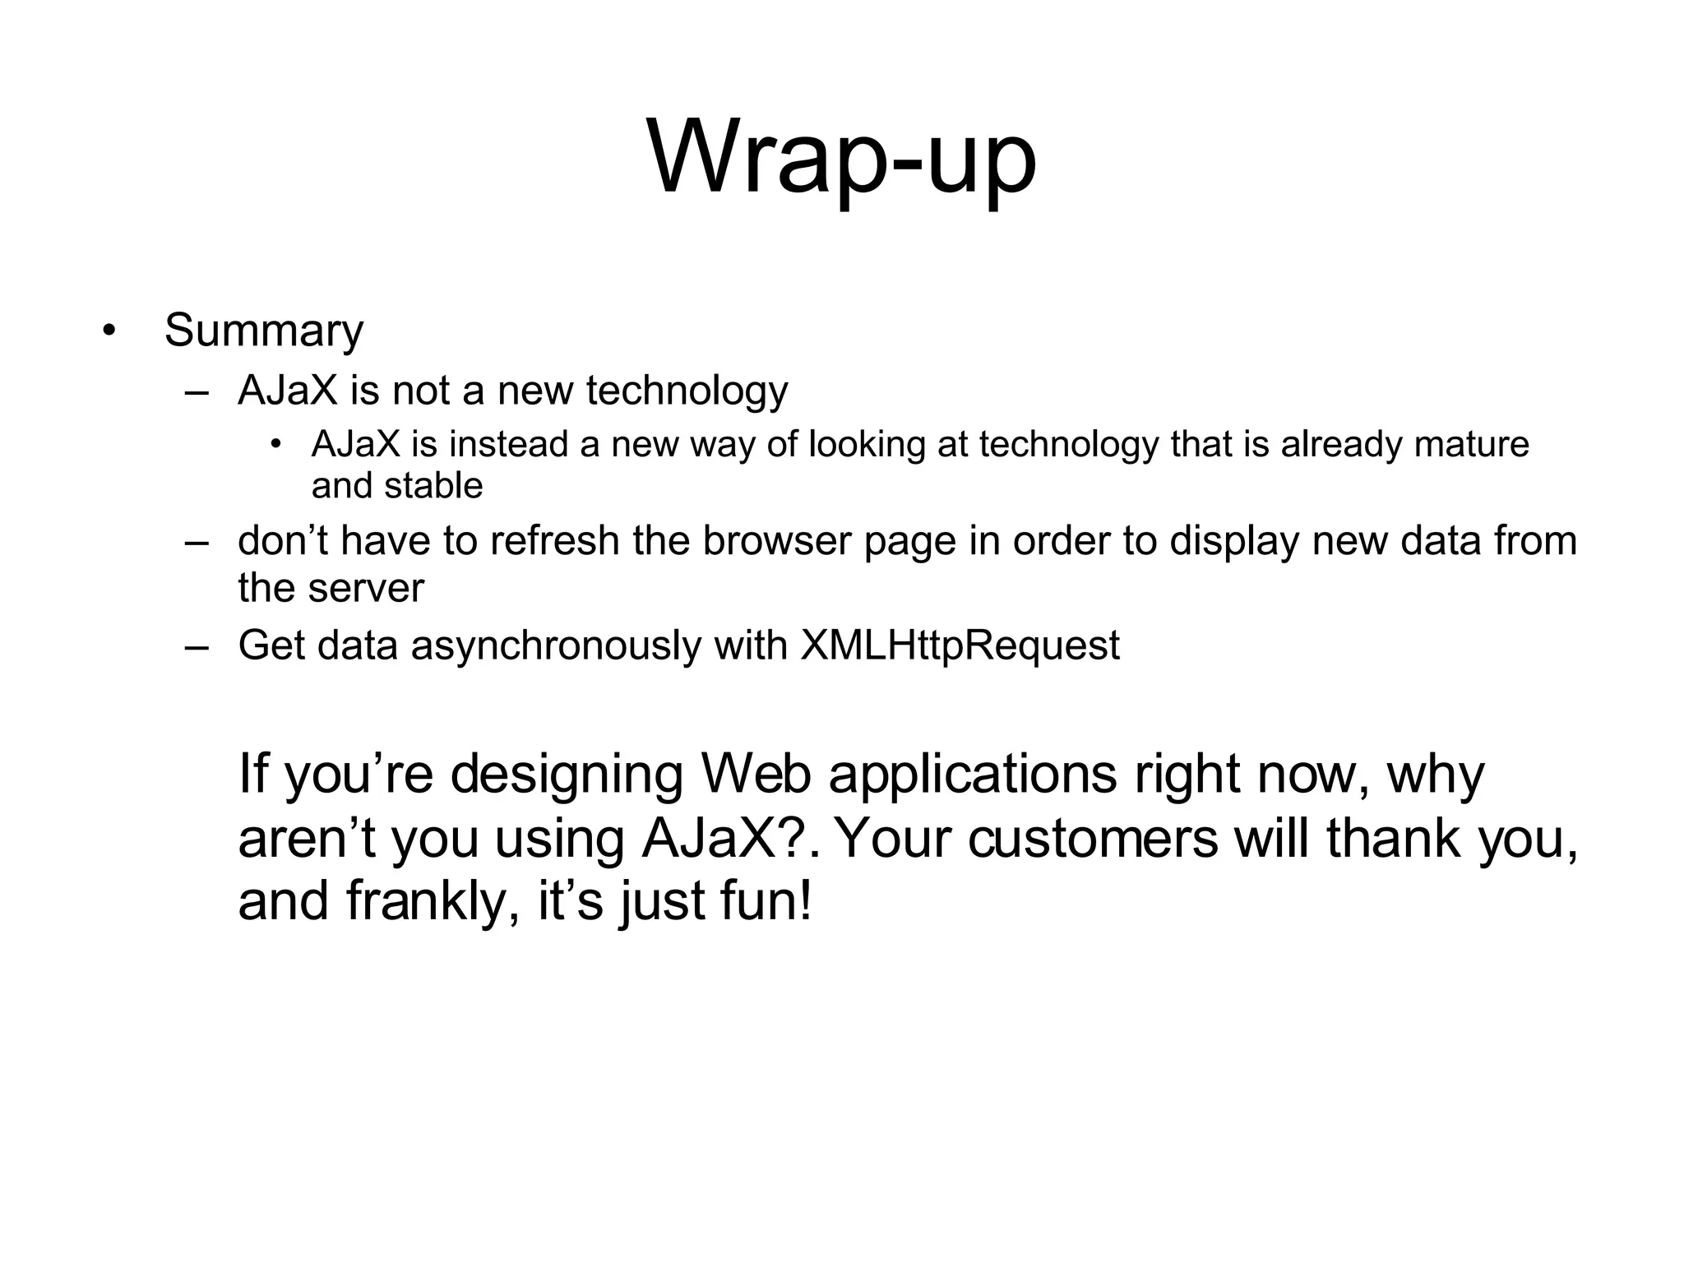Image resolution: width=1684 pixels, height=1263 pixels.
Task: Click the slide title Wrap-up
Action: tap(841, 158)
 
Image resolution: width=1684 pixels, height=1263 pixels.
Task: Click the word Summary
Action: tap(263, 331)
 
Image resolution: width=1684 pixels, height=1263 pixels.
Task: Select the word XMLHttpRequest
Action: tap(960, 645)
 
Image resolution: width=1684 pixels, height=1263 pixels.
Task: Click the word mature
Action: tap(1471, 445)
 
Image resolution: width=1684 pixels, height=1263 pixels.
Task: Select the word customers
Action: tap(1093, 839)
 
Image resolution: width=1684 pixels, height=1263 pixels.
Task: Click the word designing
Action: tap(567, 776)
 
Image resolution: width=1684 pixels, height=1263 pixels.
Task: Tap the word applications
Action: tap(973, 776)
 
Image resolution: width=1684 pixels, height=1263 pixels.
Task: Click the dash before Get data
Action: tap(197, 646)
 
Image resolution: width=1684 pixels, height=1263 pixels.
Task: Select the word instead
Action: tap(508, 445)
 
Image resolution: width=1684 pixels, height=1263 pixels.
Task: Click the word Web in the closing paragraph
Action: tap(756, 775)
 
